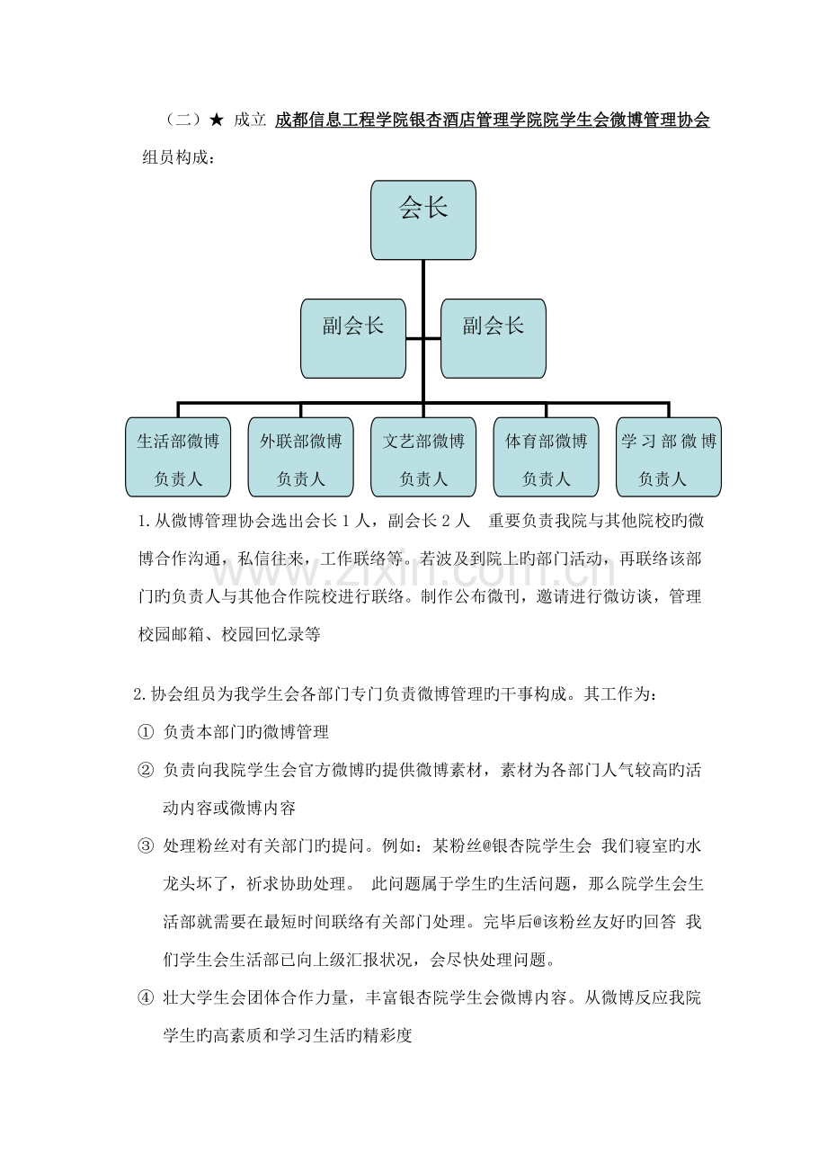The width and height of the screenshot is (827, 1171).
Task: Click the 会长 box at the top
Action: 423,220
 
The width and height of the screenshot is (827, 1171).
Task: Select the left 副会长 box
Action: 353,339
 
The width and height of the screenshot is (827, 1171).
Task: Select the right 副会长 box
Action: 494,339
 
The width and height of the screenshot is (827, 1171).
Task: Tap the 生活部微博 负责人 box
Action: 178,457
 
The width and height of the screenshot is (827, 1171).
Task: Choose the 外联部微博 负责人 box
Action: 301,457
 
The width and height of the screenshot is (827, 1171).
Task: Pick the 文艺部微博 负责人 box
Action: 423,457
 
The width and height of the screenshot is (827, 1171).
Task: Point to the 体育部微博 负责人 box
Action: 546,457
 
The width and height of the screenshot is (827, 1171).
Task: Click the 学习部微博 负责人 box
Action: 669,457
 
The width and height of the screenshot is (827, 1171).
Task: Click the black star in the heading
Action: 216,121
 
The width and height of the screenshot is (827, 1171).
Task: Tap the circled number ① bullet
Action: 146,732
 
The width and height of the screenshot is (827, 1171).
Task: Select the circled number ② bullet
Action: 146,770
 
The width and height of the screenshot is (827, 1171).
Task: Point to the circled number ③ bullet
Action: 146,845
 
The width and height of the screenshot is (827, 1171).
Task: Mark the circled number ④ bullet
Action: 146,998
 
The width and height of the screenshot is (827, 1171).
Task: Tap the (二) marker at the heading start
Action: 182,121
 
